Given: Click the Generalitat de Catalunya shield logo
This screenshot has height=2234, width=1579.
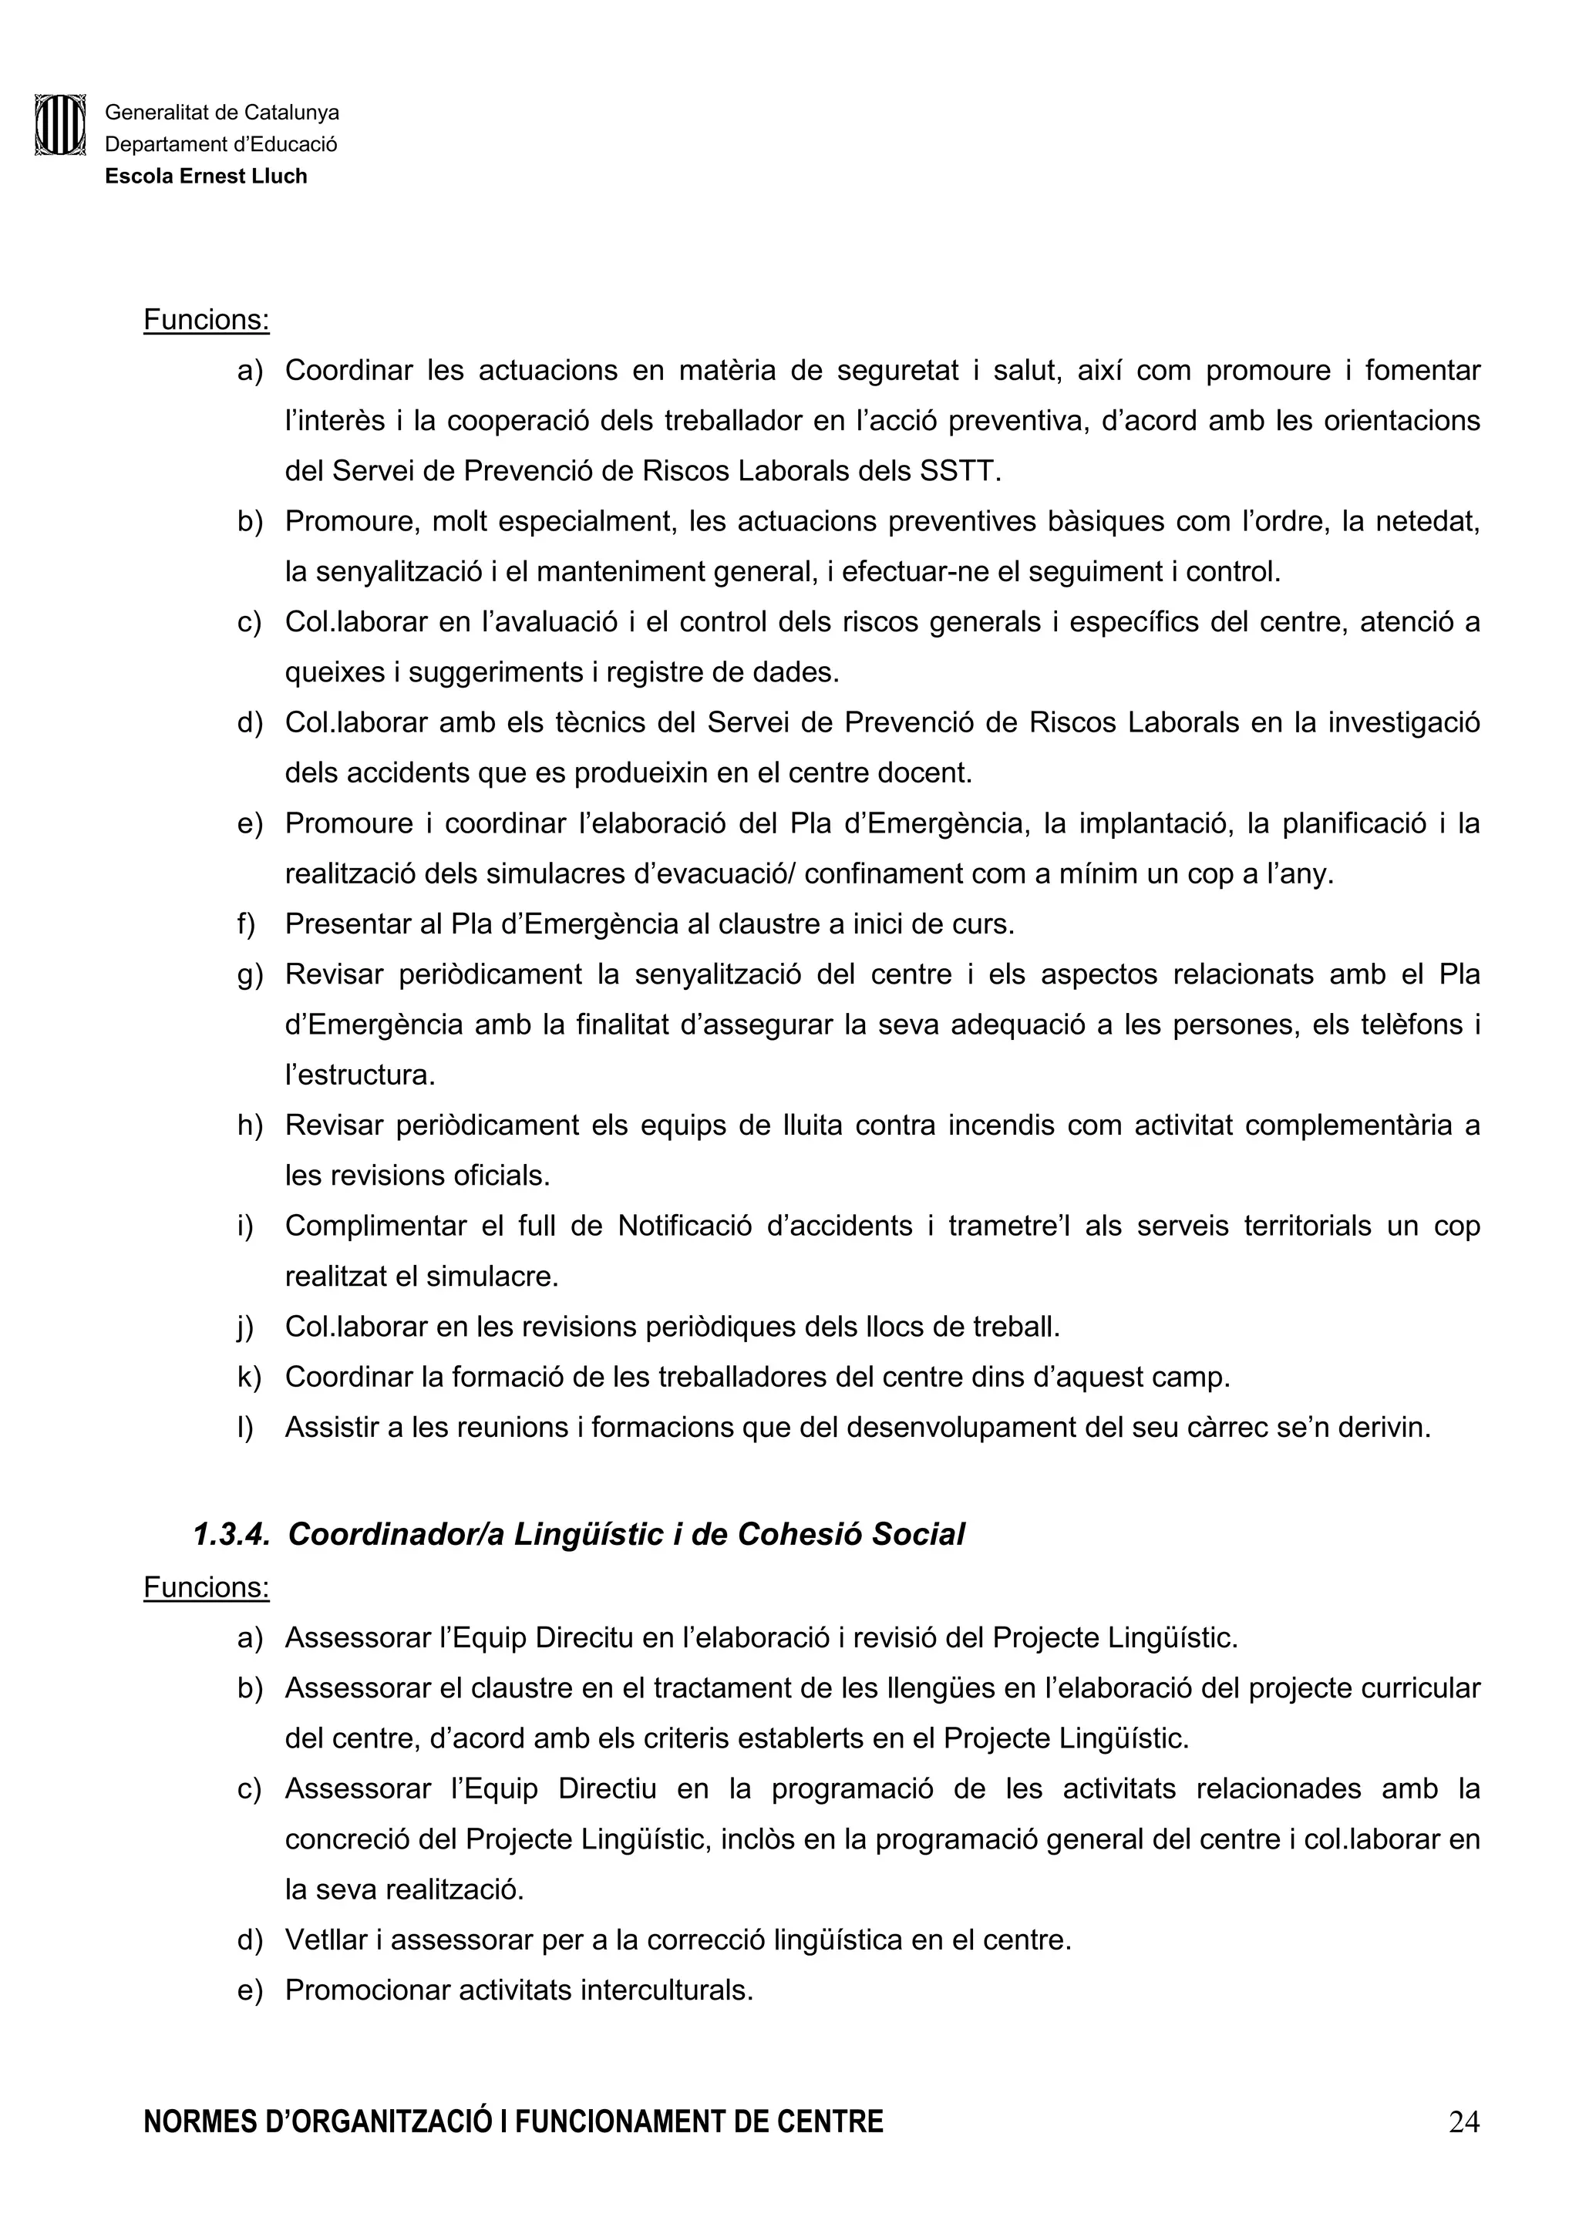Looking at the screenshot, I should click(60, 125).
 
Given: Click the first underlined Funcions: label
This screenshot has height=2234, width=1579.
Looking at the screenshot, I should click(207, 320).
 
